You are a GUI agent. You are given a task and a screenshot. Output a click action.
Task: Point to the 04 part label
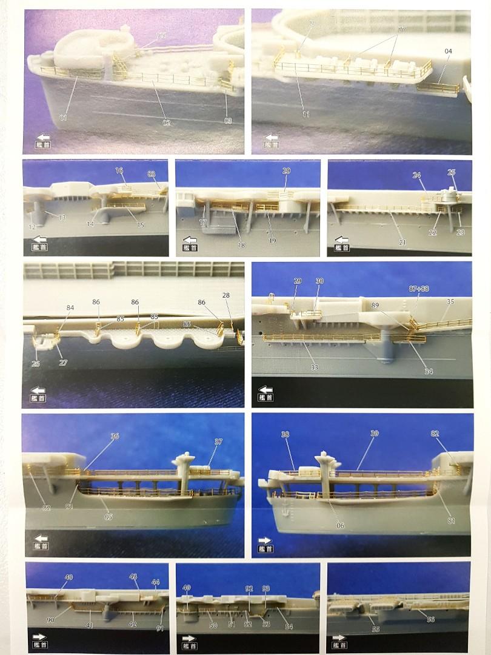(x=448, y=52)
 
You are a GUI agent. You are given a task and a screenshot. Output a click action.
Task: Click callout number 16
(x=119, y=172)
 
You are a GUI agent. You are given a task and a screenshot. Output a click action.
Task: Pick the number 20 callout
(x=286, y=171)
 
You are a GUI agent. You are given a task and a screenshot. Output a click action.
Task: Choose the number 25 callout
(x=452, y=172)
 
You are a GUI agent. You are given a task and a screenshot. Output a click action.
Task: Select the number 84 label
(x=70, y=307)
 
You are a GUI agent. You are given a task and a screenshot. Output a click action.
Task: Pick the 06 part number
(x=340, y=525)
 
